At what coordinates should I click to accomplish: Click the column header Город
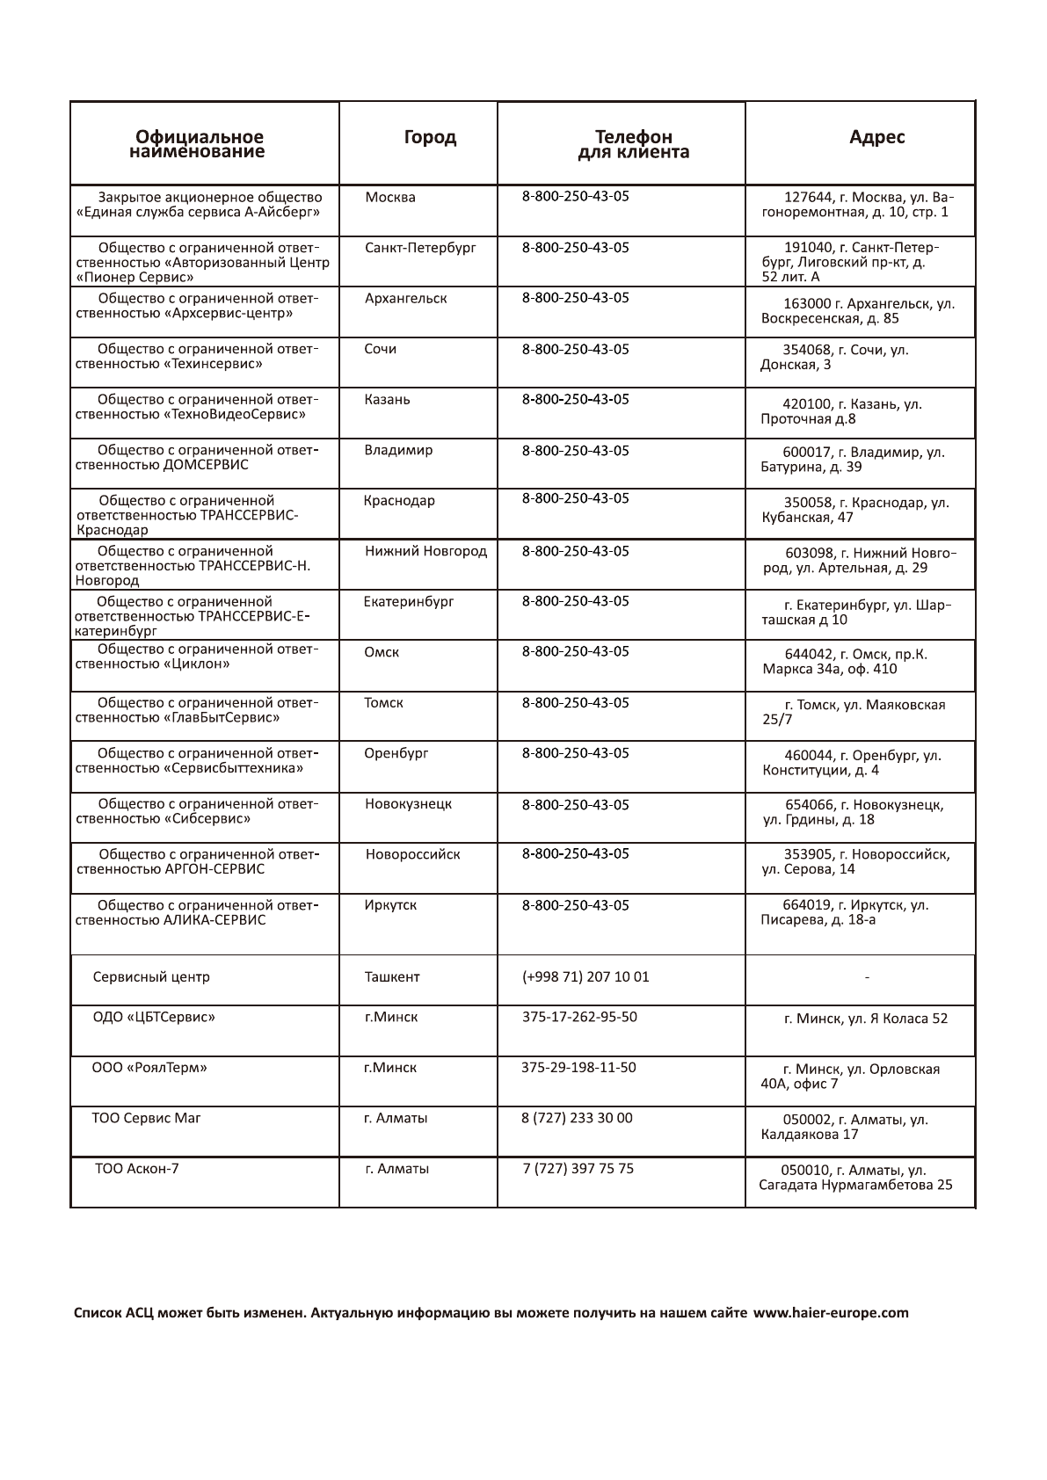pos(430,137)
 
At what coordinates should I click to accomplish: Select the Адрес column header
pos(876,137)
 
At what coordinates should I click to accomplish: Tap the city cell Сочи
pos(380,349)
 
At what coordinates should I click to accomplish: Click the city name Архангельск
pos(405,298)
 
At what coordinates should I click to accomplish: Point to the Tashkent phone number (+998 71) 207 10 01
pos(585,976)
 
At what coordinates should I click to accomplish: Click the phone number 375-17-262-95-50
pos(579,1017)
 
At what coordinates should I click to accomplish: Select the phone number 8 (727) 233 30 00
pos(577,1118)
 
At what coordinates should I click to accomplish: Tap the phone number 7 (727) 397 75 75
pos(578,1168)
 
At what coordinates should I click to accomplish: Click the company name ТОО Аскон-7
pos(136,1168)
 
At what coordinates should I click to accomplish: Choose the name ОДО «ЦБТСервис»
pos(154,1017)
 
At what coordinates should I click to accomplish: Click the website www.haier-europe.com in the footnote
pos(831,1313)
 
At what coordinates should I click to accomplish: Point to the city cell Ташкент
pos(392,976)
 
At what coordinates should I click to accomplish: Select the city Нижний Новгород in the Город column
pos(425,551)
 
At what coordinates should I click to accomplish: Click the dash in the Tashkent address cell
pos(867,977)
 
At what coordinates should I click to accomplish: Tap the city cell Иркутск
pos(390,904)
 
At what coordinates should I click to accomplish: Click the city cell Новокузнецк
pos(409,803)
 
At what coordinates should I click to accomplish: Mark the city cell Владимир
pos(398,450)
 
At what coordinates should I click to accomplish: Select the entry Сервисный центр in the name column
pos(151,976)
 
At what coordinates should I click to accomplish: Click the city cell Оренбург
pos(396,753)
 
